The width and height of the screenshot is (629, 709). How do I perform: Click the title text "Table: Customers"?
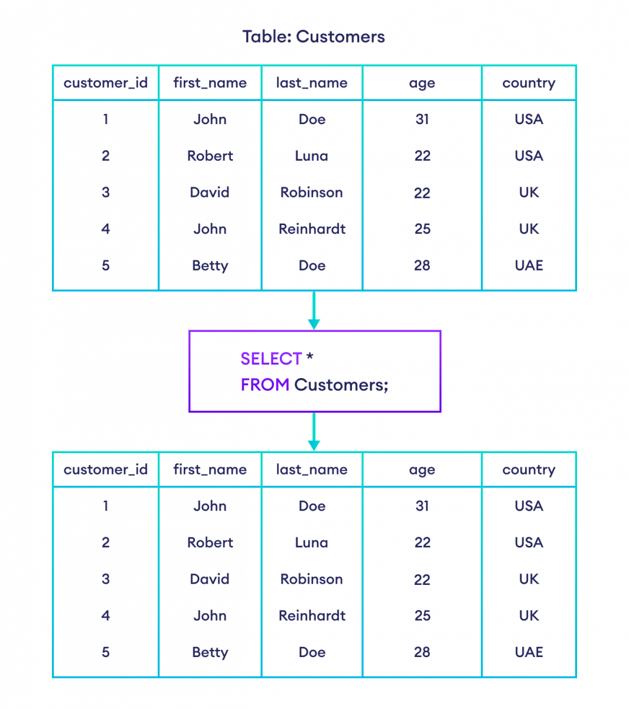(x=314, y=37)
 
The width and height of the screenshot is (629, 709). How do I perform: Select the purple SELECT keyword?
(x=271, y=359)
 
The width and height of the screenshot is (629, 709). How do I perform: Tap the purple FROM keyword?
(x=265, y=385)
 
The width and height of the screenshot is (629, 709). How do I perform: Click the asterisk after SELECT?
(x=310, y=358)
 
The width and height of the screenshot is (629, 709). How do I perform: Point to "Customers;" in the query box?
(x=341, y=385)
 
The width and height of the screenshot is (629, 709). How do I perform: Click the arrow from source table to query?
(x=314, y=311)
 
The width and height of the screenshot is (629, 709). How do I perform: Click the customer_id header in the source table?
(x=106, y=83)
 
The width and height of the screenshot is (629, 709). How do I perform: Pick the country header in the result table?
(x=529, y=470)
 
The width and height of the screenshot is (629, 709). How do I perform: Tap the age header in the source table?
(x=422, y=83)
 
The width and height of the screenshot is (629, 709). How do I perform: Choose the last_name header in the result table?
(x=312, y=470)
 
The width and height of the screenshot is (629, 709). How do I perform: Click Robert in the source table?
(x=210, y=156)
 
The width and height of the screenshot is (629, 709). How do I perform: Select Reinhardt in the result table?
(x=312, y=616)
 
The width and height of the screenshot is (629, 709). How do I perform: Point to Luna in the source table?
(x=312, y=156)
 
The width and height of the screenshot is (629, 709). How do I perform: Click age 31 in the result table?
(x=422, y=506)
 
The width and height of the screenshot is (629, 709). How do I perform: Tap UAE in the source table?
(x=529, y=265)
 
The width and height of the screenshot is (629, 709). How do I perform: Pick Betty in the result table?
(x=210, y=652)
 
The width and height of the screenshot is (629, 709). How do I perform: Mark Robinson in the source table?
(x=312, y=193)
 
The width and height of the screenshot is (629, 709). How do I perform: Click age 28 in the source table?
(x=422, y=265)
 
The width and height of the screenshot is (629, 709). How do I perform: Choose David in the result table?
(x=210, y=579)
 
